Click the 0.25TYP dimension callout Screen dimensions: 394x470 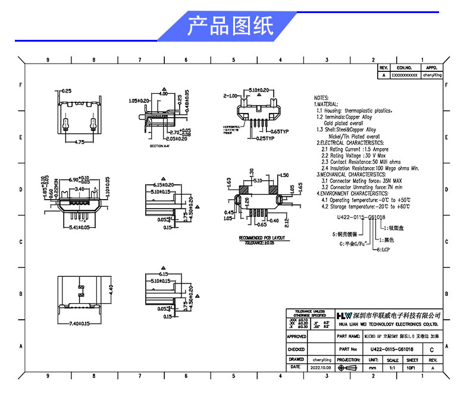pyautogui.click(x=261, y=138)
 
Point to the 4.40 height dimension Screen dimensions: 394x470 pyautogui.click(x=109, y=289)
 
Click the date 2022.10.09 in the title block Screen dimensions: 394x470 pyautogui.click(x=322, y=367)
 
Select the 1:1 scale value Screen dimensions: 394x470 pyautogui.click(x=392, y=368)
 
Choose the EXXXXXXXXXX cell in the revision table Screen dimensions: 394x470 pyautogui.click(x=404, y=75)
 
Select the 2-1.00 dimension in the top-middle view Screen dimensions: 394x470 pyautogui.click(x=230, y=95)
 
